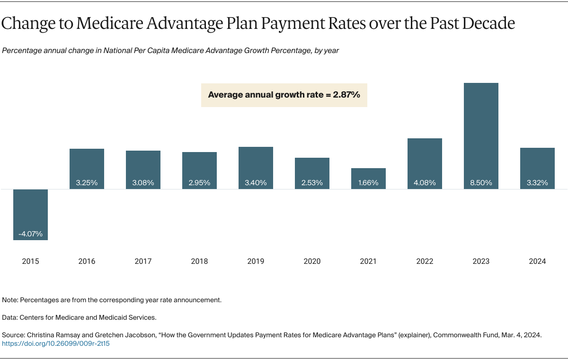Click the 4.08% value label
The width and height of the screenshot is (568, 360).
point(425,183)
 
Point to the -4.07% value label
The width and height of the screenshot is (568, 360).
point(30,234)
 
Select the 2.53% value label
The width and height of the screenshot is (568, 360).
point(312,183)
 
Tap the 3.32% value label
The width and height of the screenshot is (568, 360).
point(537,183)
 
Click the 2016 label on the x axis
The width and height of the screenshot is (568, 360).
point(87,261)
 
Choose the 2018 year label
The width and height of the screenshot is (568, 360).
point(199,261)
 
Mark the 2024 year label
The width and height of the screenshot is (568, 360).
point(537,261)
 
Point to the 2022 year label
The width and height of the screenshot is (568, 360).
point(425,261)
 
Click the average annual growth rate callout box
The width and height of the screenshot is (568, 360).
point(284,95)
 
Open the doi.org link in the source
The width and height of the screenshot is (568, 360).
point(56,343)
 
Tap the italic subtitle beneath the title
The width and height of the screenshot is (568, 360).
point(170,51)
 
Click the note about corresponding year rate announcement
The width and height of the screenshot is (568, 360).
point(112,300)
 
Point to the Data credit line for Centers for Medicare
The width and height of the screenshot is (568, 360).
point(79,317)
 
